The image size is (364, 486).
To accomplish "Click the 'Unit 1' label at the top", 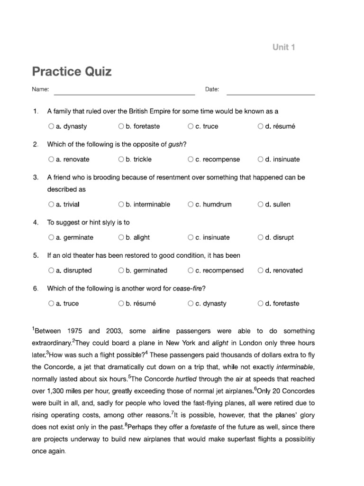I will tap(283, 47).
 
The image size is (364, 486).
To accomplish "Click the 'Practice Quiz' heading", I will tap(72, 72).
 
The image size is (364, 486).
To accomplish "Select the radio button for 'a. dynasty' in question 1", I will tap(51, 127).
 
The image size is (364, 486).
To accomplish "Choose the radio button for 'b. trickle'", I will tap(121, 159).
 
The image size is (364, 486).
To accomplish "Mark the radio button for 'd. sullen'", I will tap(261, 205).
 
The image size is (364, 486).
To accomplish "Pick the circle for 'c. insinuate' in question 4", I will tap(191, 237).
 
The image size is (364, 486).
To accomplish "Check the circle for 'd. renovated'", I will tap(261, 271).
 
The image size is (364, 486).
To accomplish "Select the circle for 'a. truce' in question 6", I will tap(51, 304).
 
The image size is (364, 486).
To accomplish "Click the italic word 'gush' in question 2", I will tap(175, 144).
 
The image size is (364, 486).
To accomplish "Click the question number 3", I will tap(36, 178).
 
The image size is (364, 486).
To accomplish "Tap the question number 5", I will tap(36, 255).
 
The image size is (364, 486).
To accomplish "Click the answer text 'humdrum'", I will tap(217, 205).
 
